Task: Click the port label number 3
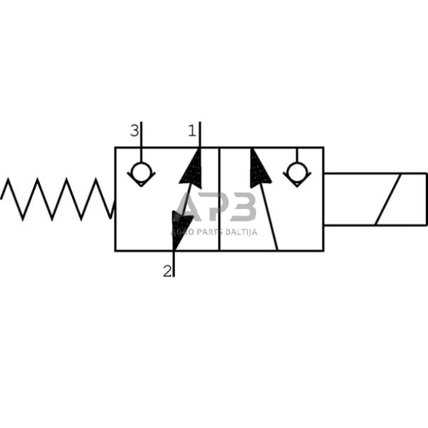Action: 134,131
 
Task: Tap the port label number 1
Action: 192,131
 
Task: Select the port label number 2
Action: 167,271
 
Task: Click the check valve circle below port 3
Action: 140,173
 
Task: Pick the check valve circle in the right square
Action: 296,173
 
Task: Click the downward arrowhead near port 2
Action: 181,226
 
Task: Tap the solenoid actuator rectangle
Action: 374,199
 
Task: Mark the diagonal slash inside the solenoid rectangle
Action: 388,199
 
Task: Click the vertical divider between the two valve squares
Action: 219,199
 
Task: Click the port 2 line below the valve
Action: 174,263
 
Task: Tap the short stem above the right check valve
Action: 296,154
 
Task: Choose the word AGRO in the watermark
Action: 180,232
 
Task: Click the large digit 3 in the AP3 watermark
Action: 242,207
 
